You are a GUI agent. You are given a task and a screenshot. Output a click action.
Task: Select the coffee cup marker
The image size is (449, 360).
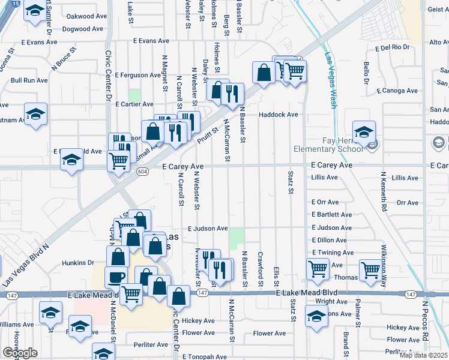pyautogui.click(x=116, y=277)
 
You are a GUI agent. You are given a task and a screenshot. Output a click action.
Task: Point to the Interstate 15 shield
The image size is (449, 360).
pyautogui.click(x=15, y=4)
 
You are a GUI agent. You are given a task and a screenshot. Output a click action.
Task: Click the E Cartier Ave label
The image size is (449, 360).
pyautogui.click(x=135, y=104)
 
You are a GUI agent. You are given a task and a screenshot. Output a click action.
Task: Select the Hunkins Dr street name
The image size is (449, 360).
pyautogui.click(x=79, y=263)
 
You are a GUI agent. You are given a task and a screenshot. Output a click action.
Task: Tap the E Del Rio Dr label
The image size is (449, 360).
pyautogui.click(x=391, y=47)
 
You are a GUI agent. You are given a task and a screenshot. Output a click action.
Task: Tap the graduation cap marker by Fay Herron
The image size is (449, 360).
pyautogui.click(x=363, y=131)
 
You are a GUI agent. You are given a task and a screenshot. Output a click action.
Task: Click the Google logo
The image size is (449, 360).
pyautogui.click(x=20, y=353)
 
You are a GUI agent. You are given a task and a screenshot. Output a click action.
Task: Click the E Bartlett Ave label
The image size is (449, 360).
pyautogui.click(x=331, y=215)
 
